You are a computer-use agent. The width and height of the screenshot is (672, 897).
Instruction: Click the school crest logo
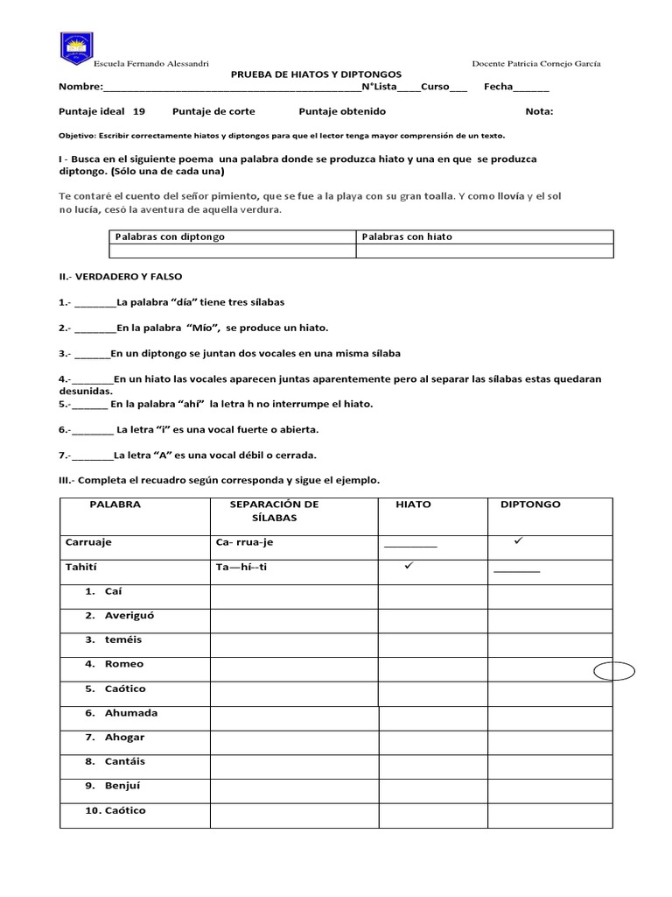pyautogui.click(x=76, y=49)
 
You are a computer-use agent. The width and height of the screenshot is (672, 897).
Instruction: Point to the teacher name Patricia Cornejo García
pyautogui.click(x=535, y=63)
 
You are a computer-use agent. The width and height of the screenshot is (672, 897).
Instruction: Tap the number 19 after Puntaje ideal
pyautogui.click(x=139, y=111)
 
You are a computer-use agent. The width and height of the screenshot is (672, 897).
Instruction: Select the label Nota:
pyautogui.click(x=539, y=111)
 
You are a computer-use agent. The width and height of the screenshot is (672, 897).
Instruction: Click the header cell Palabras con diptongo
pyautogui.click(x=170, y=237)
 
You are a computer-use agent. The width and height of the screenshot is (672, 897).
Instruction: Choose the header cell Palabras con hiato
pyautogui.click(x=407, y=237)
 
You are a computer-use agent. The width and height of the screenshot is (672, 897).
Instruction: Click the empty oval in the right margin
pyautogui.click(x=613, y=672)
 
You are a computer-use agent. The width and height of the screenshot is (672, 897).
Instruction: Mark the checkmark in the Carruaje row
pyautogui.click(x=518, y=541)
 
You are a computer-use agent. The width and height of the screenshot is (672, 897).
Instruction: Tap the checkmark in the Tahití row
pyautogui.click(x=408, y=566)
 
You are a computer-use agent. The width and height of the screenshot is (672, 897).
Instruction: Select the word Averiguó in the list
pyautogui.click(x=129, y=615)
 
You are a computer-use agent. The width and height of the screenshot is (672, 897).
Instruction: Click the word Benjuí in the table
pyautogui.click(x=122, y=786)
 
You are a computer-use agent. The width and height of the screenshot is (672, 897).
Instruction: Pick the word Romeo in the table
pyautogui.click(x=123, y=664)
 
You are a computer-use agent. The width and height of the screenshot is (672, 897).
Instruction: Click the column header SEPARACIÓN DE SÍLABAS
pyautogui.click(x=275, y=512)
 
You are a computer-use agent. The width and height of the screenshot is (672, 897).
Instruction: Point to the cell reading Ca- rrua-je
pyautogui.click(x=244, y=542)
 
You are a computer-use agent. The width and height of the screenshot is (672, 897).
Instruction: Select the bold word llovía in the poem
pyautogui.click(x=511, y=196)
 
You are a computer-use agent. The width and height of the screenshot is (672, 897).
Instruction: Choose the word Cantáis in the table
pyautogui.click(x=124, y=761)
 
